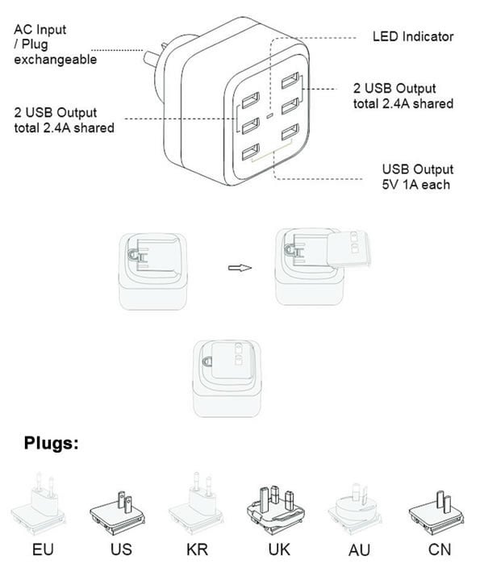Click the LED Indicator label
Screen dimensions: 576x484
pos(412,37)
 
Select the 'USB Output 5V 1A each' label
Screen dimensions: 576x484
pos(417,177)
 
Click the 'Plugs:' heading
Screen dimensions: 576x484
pos(52,442)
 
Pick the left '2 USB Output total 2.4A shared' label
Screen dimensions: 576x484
pos(64,120)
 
